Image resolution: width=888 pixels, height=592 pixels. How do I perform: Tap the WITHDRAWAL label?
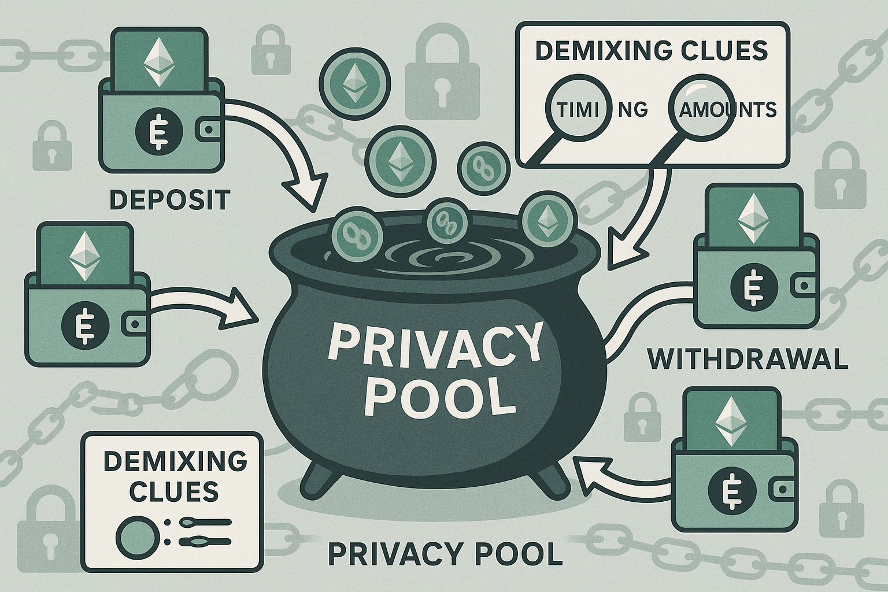[x=747, y=360]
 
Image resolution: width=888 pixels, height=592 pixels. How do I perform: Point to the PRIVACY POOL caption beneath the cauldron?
[x=445, y=553]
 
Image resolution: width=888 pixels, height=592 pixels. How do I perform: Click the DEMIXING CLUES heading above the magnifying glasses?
[x=651, y=51]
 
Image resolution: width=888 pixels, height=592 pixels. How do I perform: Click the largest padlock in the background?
[x=442, y=78]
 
